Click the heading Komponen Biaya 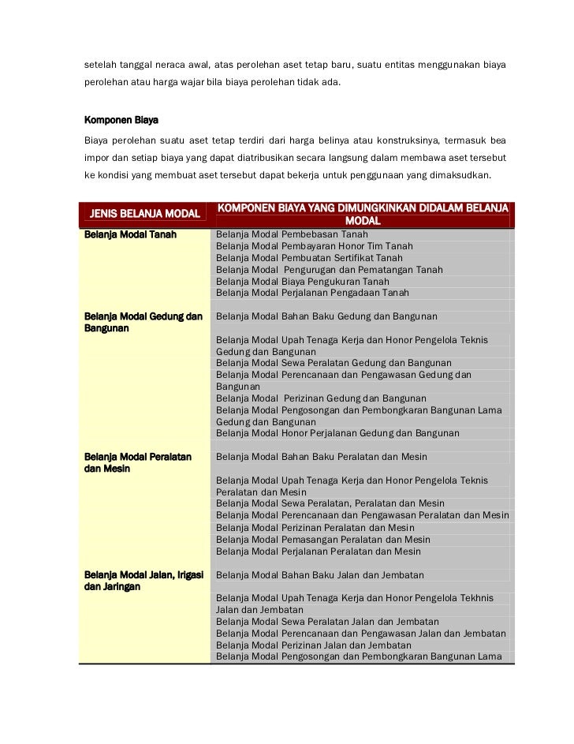click(121, 122)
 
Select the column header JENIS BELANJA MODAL click(145, 214)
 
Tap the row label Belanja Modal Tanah click(130, 234)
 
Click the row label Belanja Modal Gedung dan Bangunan click(143, 322)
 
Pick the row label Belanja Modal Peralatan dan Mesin click(137, 462)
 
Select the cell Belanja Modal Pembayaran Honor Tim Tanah click(314, 246)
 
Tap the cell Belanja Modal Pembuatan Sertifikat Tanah click(309, 258)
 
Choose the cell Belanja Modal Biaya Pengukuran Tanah click(302, 281)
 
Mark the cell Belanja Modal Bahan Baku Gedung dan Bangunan click(326, 316)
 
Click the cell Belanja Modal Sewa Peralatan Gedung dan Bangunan click(334, 363)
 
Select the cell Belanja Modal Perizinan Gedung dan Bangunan click(321, 398)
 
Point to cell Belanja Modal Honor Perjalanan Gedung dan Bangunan click(337, 433)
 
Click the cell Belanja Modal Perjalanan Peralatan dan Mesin click(319, 551)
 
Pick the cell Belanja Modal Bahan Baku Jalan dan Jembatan click(320, 575)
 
